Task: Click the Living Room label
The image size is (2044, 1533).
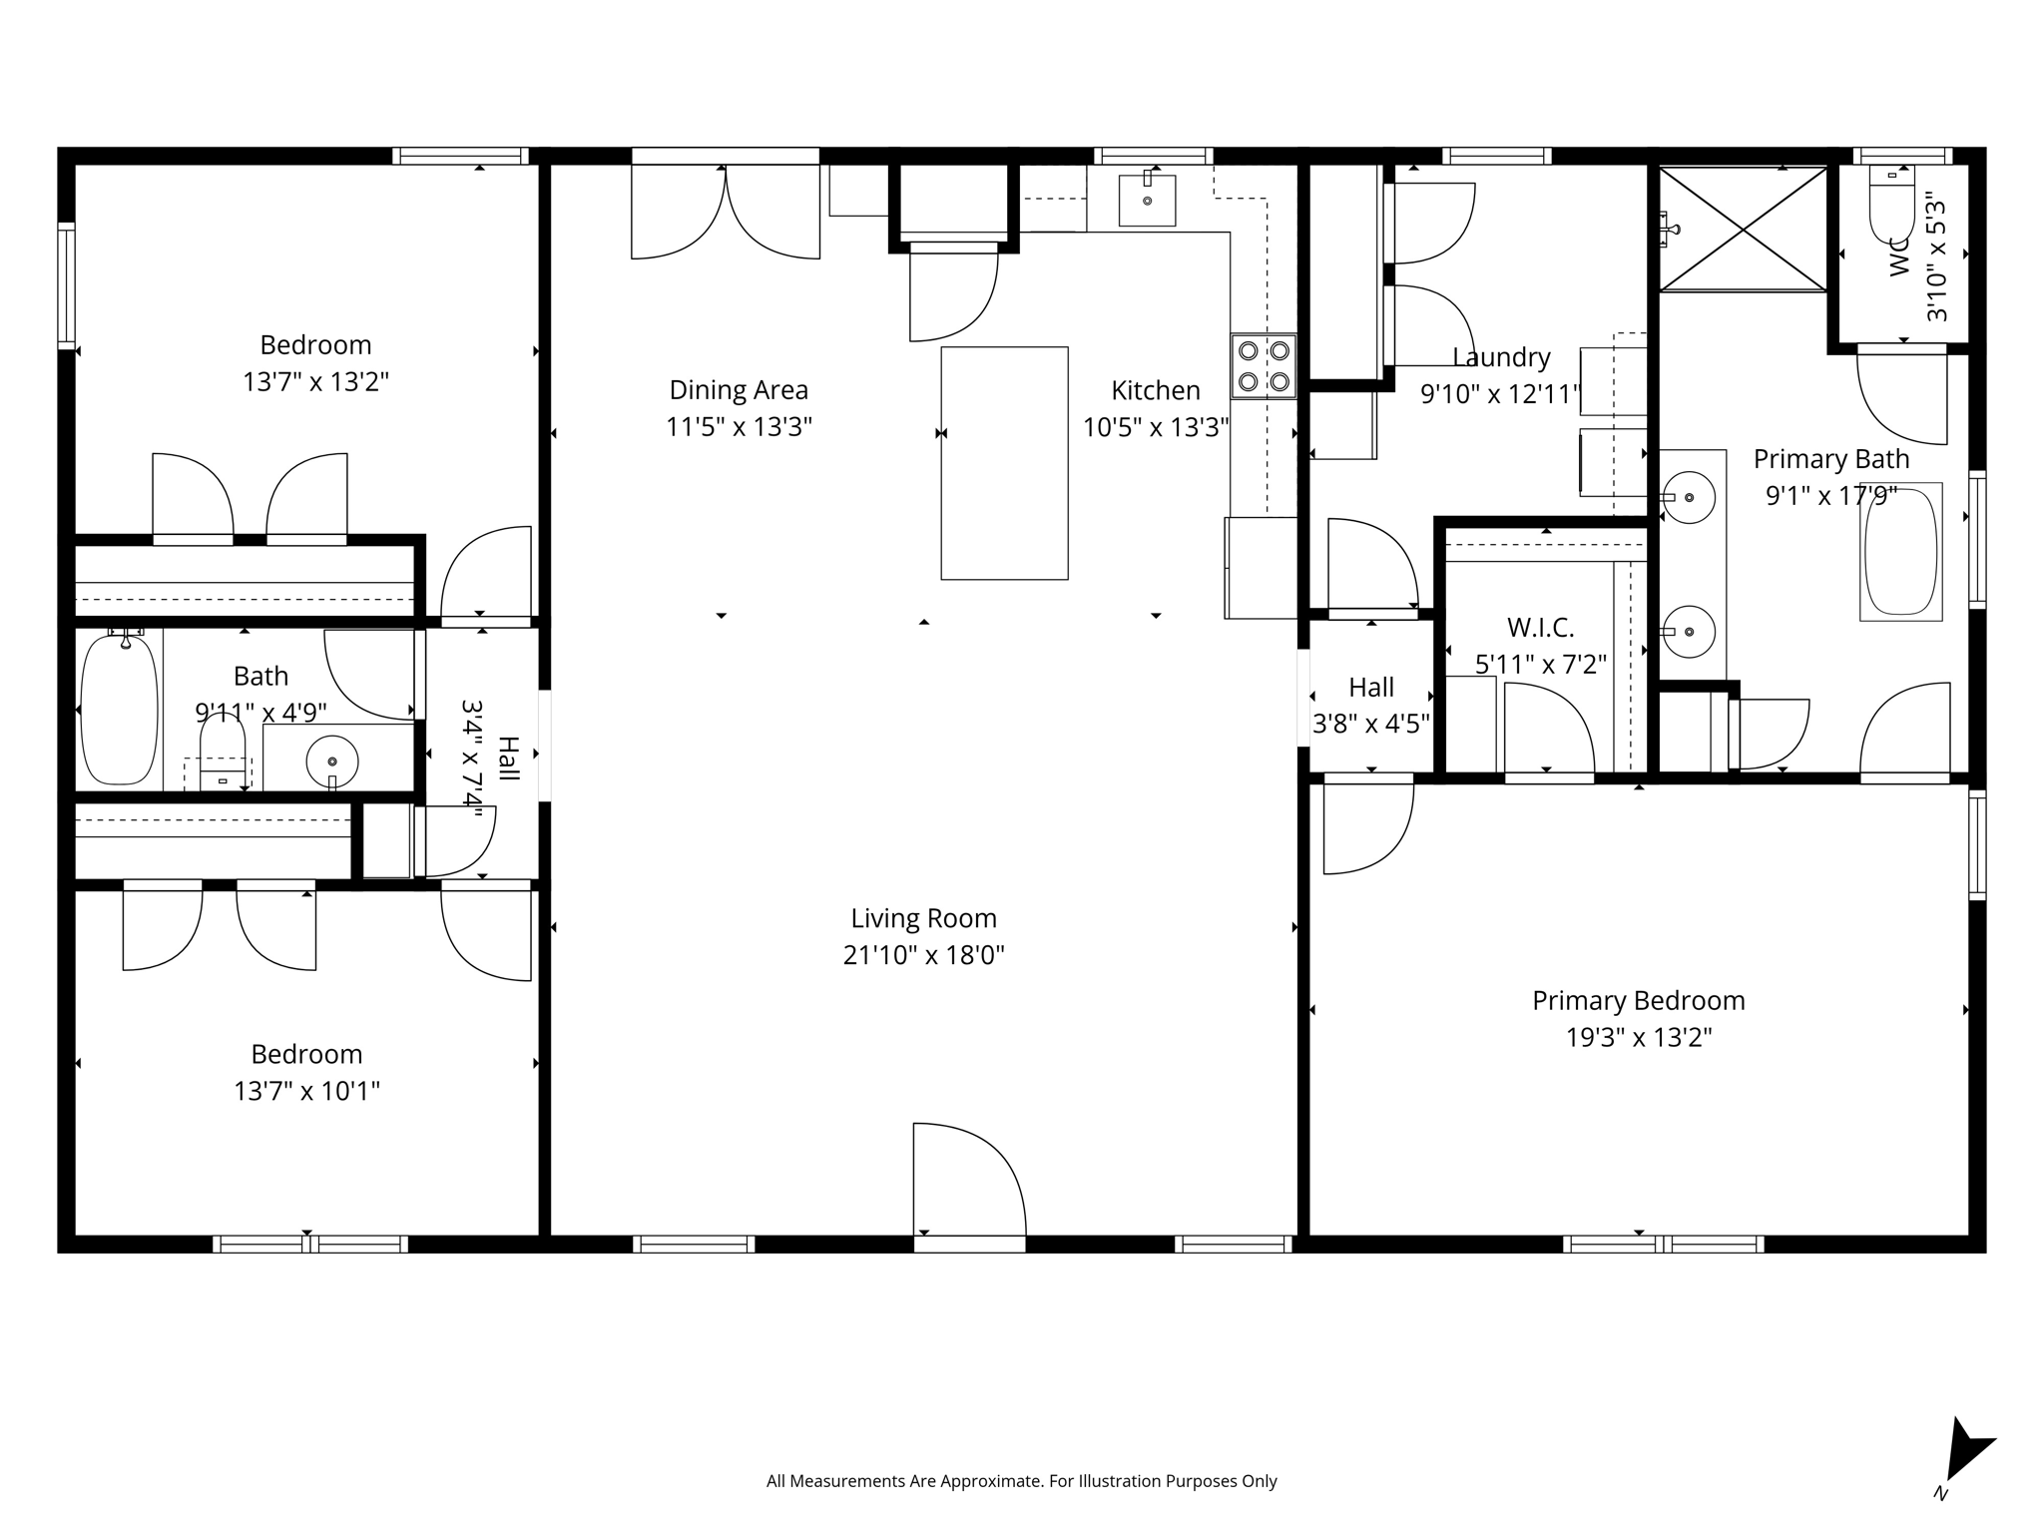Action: [x=923, y=918]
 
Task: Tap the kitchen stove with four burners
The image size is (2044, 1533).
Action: [x=1264, y=365]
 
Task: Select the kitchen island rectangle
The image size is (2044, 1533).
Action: [x=1004, y=463]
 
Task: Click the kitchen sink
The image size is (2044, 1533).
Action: [x=1147, y=200]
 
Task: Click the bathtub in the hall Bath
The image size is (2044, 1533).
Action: [x=119, y=710]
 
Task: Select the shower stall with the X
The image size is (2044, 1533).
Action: [x=1743, y=229]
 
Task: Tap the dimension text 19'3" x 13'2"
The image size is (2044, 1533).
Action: [x=1638, y=1038]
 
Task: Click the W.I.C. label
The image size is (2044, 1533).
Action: [x=1540, y=628]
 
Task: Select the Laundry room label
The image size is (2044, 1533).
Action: [x=1501, y=357]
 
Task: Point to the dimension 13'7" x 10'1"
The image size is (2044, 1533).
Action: [x=306, y=1091]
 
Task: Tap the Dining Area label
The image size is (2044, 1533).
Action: [x=739, y=390]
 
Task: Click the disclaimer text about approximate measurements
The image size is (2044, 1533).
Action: [x=1021, y=1481]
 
